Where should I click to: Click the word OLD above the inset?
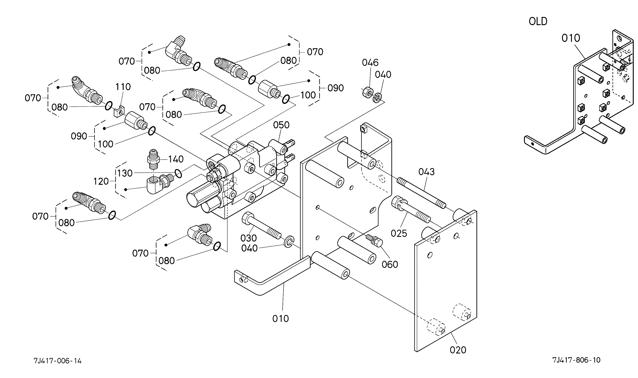tap(538, 22)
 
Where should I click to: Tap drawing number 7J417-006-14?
tap(57, 361)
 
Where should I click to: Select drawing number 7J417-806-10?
tap(576, 360)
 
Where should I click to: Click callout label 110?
tap(123, 87)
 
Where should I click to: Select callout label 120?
tap(101, 181)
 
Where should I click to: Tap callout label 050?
tap(281, 125)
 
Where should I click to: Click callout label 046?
tap(370, 62)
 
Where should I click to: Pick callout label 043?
tap(426, 172)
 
